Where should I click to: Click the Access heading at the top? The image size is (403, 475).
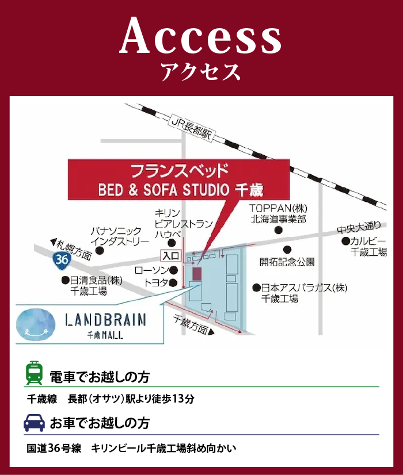[201, 36]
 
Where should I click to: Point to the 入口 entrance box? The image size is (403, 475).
[171, 256]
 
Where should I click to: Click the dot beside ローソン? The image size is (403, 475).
[173, 270]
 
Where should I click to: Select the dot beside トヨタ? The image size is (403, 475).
[173, 282]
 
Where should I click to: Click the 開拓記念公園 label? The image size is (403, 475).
[287, 262]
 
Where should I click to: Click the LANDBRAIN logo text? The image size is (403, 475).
[105, 320]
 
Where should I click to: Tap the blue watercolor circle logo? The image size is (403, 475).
[36, 324]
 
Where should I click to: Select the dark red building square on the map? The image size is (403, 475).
[197, 274]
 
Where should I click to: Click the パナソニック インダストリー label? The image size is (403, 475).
[120, 236]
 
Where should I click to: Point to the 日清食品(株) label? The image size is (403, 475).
[96, 280]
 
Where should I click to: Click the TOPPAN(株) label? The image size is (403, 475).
[278, 208]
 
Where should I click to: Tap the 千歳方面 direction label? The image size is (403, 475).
[191, 324]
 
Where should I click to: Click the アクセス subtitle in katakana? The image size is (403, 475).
[201, 72]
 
